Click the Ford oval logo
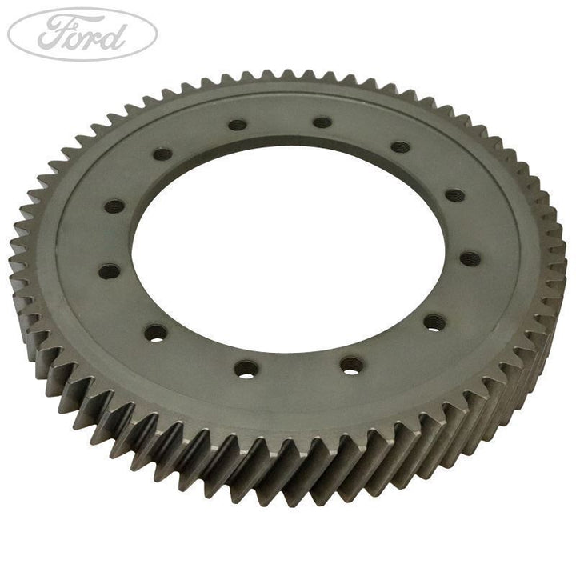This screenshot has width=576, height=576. click(x=82, y=34)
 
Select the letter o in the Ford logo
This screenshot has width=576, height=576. click(x=77, y=37)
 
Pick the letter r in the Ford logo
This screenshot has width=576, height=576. click(x=94, y=37)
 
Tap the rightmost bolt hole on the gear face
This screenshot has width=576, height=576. click(x=470, y=258)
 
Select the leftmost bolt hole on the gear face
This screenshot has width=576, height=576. click(x=109, y=271)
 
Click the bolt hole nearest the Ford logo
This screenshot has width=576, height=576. click(x=162, y=154)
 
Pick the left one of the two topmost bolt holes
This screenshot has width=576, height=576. click(x=237, y=125)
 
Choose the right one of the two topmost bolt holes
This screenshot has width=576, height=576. click(x=322, y=122)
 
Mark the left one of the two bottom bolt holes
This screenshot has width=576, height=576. click(x=246, y=369)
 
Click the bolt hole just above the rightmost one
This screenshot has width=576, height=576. click(x=454, y=194)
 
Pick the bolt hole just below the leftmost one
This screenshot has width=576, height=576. click(x=156, y=332)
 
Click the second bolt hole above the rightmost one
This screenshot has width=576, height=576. click(x=399, y=148)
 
